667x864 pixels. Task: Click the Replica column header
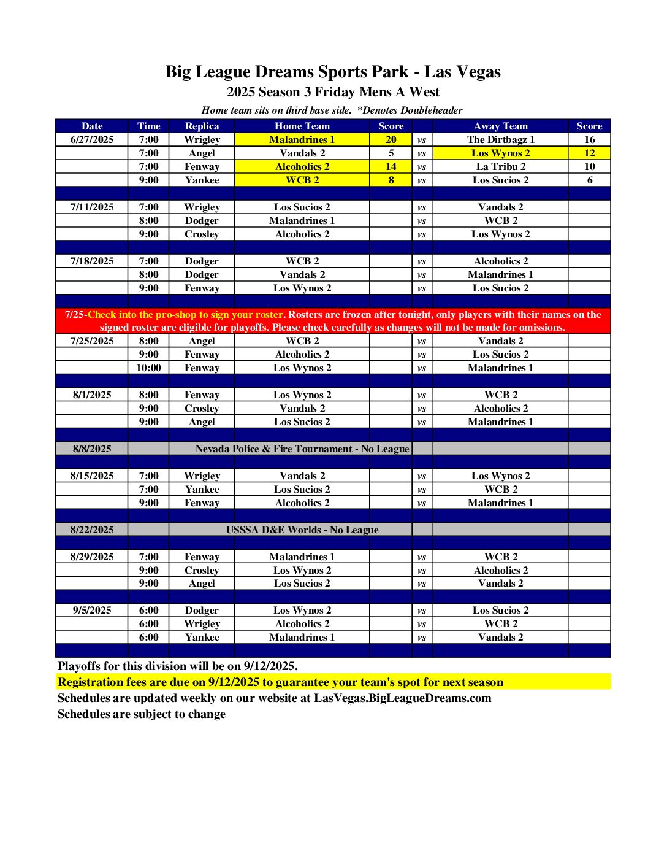click(x=202, y=126)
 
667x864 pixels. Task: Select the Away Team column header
click(x=500, y=126)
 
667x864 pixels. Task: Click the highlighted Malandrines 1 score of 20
click(x=391, y=139)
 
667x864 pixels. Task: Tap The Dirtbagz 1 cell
click(x=500, y=139)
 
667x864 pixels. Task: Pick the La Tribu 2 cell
click(x=500, y=166)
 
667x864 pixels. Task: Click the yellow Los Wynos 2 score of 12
click(x=589, y=153)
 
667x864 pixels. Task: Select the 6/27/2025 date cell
click(x=92, y=139)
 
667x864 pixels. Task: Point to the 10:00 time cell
click(x=148, y=368)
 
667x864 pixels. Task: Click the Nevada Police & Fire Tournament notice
click(x=302, y=449)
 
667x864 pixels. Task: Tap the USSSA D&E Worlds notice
click(x=302, y=530)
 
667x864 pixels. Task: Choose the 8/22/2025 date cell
click(x=92, y=530)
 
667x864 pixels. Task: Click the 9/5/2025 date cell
click(x=92, y=610)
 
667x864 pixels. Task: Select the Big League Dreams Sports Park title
click(x=333, y=72)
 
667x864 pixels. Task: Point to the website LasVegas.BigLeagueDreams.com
click(x=402, y=698)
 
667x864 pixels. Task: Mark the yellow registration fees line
click(x=280, y=682)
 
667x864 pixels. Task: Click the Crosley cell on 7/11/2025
click(x=202, y=234)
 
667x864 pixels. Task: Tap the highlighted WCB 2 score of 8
click(x=391, y=180)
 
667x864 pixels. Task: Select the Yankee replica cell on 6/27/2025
click(x=202, y=180)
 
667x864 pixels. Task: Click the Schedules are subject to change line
click(x=142, y=714)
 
